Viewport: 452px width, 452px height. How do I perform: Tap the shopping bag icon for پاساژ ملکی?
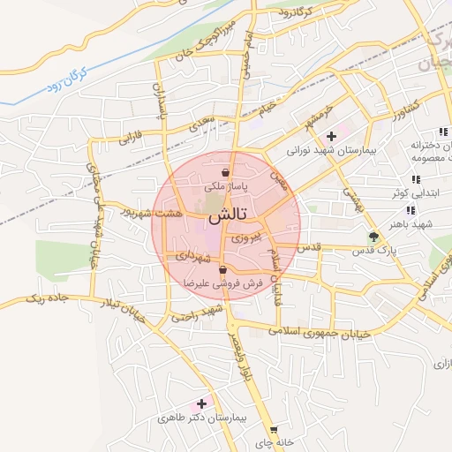coord(227,172)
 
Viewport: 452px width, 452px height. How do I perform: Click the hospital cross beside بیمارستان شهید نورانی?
coord(331,136)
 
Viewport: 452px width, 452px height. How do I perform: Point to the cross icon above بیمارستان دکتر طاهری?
coord(201,403)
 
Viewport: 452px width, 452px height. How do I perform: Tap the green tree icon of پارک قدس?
coord(374,236)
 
